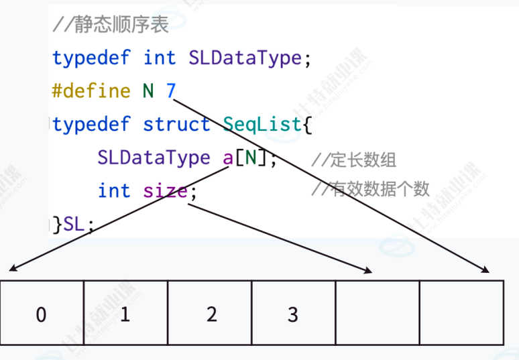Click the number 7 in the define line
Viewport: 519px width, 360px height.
(x=171, y=91)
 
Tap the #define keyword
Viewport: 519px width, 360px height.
(x=91, y=91)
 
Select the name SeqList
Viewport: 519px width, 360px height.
(x=262, y=124)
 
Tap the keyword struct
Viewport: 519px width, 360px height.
(x=176, y=124)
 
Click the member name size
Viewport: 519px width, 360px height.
(x=165, y=191)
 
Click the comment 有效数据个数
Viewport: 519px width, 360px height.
(x=370, y=190)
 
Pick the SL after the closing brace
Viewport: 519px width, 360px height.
(x=75, y=224)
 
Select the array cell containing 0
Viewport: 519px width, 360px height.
(x=42, y=314)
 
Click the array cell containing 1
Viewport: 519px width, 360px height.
(x=125, y=314)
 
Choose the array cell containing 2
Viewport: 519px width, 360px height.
(x=210, y=314)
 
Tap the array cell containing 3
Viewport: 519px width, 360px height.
(x=293, y=314)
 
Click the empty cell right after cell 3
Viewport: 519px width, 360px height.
(x=377, y=314)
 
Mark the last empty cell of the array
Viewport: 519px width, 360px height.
(x=461, y=314)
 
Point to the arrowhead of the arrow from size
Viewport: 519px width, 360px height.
(x=369, y=272)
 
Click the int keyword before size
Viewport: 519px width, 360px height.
(x=114, y=191)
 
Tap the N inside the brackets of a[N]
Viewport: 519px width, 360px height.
(x=250, y=158)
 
